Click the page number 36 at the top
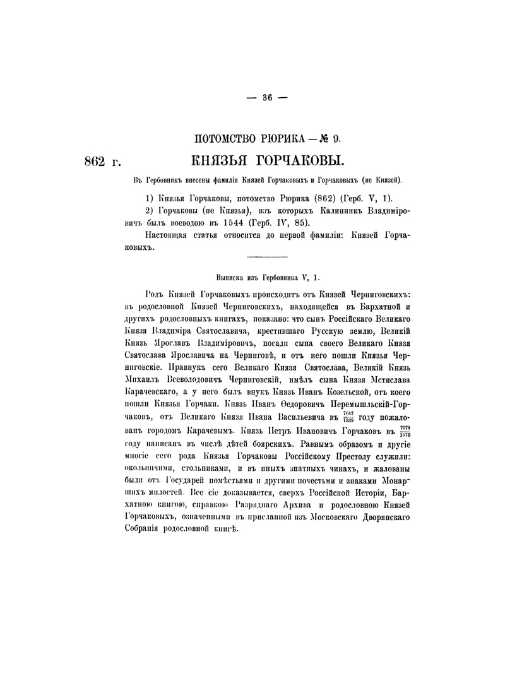(x=266, y=97)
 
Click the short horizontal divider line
(x=266, y=256)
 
